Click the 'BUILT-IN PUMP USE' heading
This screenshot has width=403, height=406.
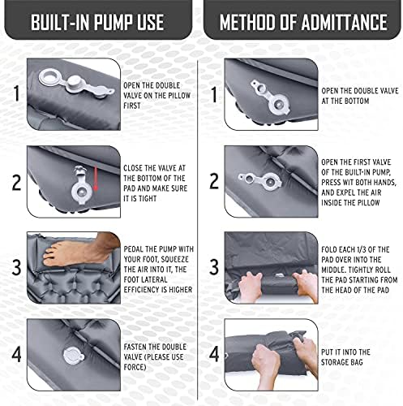click(97, 22)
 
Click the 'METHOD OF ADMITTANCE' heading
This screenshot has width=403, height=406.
click(303, 22)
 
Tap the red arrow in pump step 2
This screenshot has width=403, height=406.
click(96, 179)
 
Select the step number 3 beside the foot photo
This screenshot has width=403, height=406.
click(16, 267)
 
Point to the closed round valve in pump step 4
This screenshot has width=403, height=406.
click(73, 356)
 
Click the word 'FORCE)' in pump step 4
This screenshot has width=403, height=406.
click(135, 367)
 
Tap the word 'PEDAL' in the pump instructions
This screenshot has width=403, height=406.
click(134, 249)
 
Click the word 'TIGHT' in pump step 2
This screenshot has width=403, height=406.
click(148, 199)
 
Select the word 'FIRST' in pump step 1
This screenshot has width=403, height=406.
click(132, 106)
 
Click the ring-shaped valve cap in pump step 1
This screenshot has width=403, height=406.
click(49, 77)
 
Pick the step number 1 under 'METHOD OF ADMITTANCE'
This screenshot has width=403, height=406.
click(214, 94)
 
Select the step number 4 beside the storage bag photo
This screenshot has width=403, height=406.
click(214, 354)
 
